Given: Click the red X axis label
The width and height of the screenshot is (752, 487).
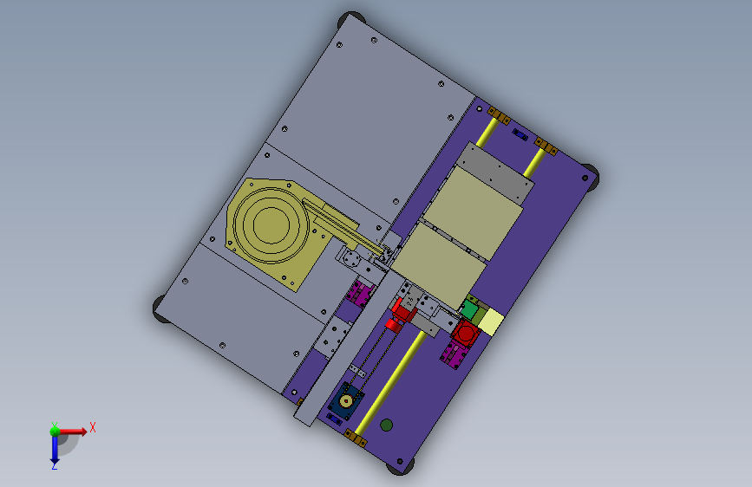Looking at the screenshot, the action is click(93, 427).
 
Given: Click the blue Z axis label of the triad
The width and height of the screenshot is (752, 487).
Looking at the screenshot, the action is click(55, 465).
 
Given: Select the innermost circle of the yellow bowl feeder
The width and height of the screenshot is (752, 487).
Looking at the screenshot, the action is click(271, 224).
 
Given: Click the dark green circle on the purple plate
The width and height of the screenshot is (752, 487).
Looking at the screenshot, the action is click(386, 425).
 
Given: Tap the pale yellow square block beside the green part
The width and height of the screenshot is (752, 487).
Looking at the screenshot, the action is click(491, 321).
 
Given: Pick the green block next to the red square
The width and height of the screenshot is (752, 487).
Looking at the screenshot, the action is click(469, 309).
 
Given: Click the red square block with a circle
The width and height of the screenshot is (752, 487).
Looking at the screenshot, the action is click(465, 332).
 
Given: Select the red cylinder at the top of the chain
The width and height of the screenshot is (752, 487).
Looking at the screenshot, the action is click(393, 326).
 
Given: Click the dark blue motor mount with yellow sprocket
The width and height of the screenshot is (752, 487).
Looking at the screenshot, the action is click(346, 400).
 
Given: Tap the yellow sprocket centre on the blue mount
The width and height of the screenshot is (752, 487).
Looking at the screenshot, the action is click(346, 399).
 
